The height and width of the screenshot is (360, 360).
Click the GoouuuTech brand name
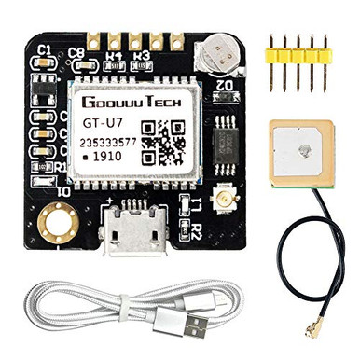click(x=131, y=103)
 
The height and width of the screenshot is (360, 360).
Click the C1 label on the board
click(x=44, y=49)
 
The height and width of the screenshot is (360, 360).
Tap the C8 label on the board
click(x=77, y=52)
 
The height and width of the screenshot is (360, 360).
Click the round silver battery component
click(x=218, y=51)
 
